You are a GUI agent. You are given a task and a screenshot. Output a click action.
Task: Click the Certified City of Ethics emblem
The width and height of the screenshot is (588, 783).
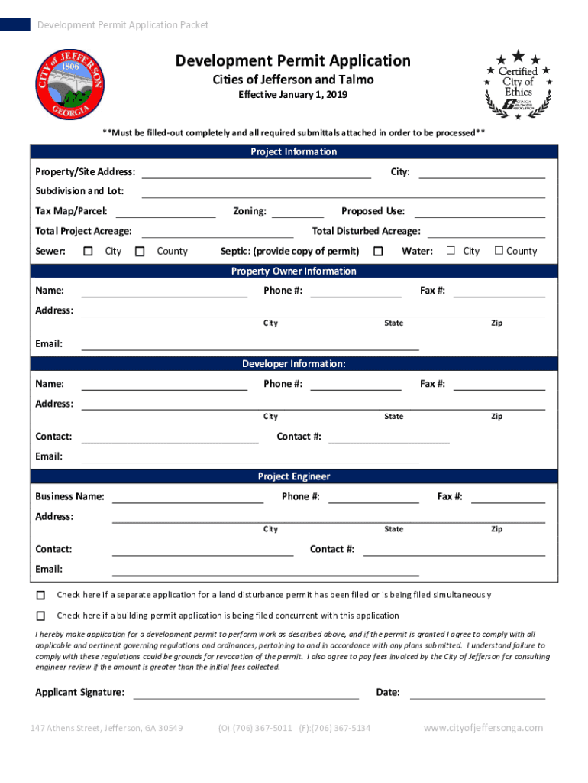point(517,85)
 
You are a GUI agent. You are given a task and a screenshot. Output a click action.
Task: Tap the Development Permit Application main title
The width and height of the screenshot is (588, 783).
point(293,61)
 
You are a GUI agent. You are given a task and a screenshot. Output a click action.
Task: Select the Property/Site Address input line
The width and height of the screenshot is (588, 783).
point(257,173)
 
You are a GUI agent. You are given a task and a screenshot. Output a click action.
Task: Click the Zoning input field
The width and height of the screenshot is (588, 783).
point(297,212)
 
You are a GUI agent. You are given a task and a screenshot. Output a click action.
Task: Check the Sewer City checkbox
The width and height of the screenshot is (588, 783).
point(88,251)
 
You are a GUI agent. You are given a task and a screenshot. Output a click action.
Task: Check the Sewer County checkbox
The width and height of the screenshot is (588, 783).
point(140,251)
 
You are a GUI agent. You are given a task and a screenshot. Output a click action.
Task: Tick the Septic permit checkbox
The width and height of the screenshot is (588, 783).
point(377,251)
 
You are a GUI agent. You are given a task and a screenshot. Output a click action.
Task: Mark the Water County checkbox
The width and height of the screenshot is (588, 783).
point(499,251)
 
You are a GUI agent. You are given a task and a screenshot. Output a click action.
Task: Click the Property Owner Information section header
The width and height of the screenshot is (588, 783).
point(293,271)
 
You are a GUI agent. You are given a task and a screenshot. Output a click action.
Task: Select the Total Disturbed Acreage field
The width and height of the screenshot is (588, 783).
point(486,232)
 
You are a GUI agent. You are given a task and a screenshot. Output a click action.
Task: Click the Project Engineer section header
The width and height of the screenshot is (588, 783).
point(293,476)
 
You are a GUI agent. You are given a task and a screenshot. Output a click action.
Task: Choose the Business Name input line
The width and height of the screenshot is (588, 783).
point(188,498)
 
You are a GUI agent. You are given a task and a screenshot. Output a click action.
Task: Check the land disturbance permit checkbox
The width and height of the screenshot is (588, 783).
point(40,595)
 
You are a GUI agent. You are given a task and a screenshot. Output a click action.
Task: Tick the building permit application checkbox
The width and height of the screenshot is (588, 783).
point(40,616)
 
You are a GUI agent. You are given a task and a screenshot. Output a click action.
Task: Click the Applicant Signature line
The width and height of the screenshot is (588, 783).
point(246,694)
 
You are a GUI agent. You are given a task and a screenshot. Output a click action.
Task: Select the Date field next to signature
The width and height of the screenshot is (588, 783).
point(478,694)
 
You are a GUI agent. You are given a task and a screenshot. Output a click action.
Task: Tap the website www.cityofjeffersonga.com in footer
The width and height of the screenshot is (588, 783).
point(483,728)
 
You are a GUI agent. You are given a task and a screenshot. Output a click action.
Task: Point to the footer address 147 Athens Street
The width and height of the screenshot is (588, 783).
point(106,728)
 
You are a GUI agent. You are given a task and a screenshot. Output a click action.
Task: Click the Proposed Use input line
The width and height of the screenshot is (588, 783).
point(480,212)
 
